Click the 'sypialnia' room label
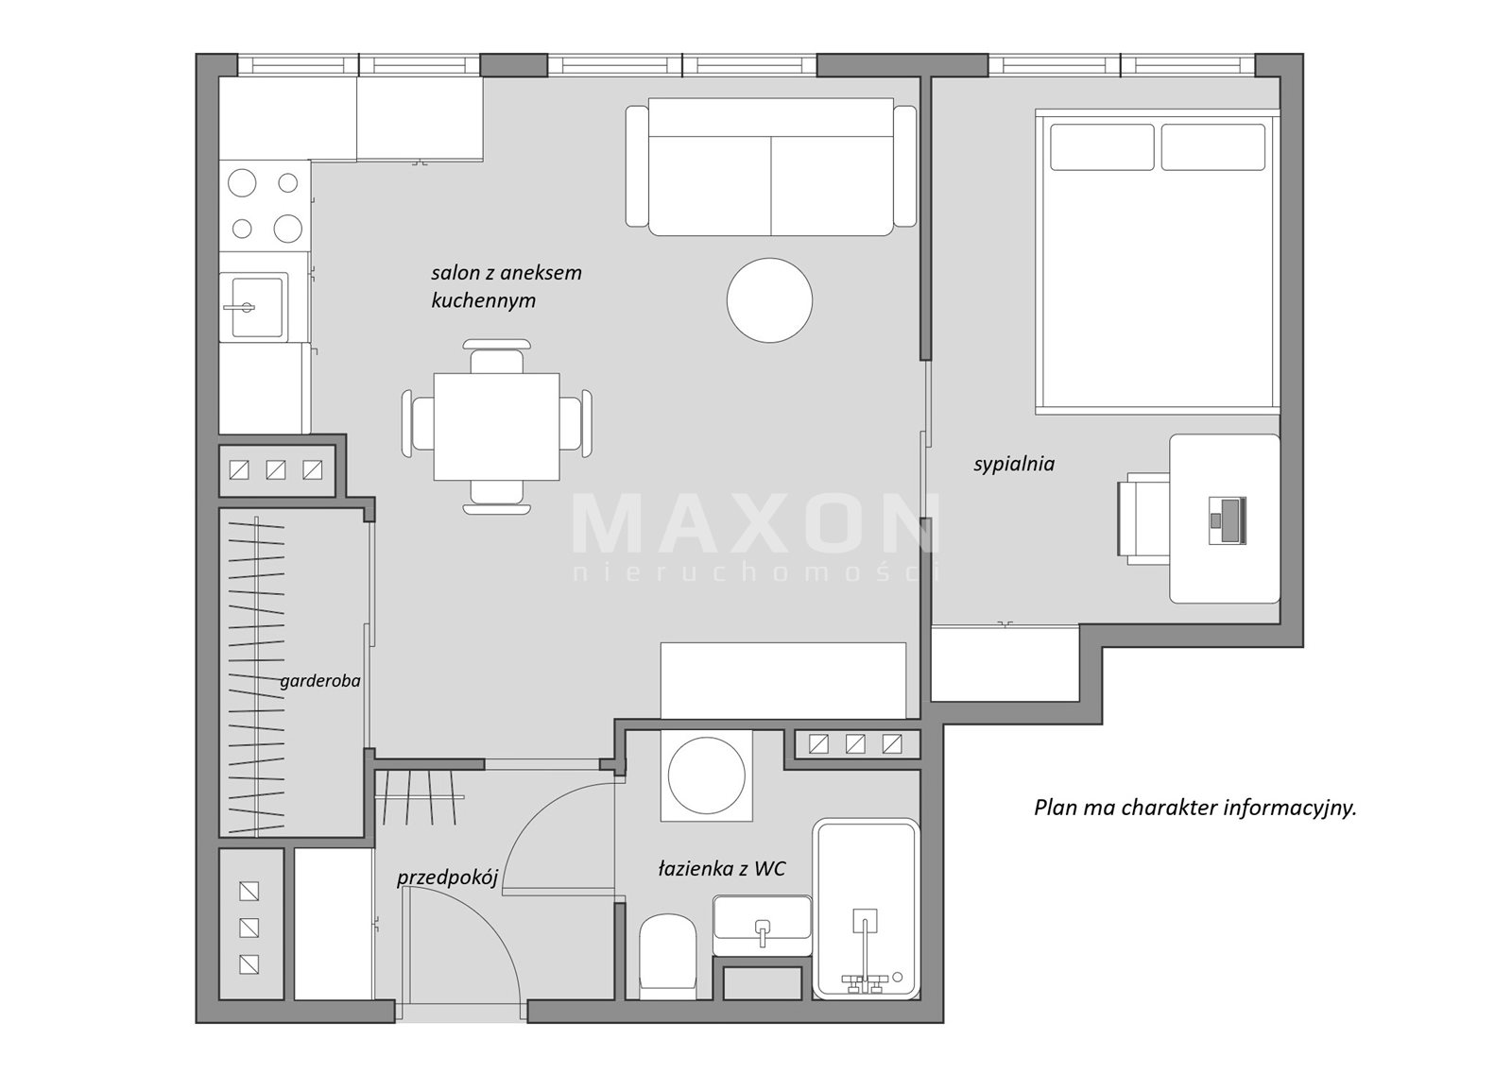(x=1014, y=465)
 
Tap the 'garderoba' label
(x=320, y=682)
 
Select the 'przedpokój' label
(x=448, y=877)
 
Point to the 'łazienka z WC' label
(x=722, y=869)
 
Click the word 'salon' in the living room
(x=454, y=273)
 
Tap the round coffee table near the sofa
(x=769, y=300)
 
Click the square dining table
(x=496, y=427)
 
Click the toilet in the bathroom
(x=667, y=956)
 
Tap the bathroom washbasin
(x=762, y=925)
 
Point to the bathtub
(x=867, y=909)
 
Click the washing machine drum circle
(x=706, y=775)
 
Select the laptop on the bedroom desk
(x=1227, y=519)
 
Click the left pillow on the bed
(x=1102, y=147)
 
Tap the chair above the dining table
(x=496, y=356)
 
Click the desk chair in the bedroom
(x=1143, y=519)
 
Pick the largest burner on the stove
(x=242, y=183)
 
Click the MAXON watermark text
(x=755, y=523)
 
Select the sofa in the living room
(x=771, y=166)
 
